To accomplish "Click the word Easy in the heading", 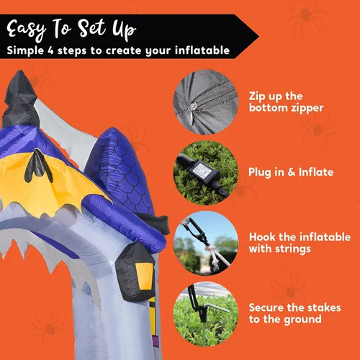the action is point(27,30).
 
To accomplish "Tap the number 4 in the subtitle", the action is point(50,50).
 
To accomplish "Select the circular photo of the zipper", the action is point(206,102).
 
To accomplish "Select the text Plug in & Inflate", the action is point(291,172).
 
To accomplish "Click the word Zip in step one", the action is point(257,96).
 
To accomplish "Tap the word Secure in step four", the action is point(266,307).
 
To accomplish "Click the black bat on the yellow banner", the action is point(38,166).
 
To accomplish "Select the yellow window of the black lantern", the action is point(145,276).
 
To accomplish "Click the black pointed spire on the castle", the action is point(20,99).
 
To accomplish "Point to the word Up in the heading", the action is point(124,30).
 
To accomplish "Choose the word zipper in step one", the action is point(307,109).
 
